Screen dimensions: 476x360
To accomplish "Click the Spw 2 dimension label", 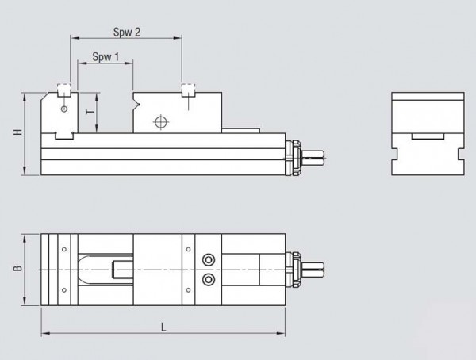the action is pyautogui.click(x=127, y=32).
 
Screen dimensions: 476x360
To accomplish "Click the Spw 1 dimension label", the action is pyautogui.click(x=106, y=57).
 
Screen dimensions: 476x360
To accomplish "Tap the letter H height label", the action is pyautogui.click(x=17, y=132).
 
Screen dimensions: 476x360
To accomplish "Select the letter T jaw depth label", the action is pyautogui.click(x=90, y=112).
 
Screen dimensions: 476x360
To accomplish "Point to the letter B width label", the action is pyautogui.click(x=17, y=268).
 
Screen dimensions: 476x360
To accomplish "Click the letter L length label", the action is pyautogui.click(x=163, y=327).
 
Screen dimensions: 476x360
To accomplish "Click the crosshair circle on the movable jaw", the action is pyautogui.click(x=162, y=122).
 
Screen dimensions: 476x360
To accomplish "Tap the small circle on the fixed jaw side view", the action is pyautogui.click(x=64, y=109).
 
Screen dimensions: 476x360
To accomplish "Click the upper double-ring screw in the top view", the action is pyautogui.click(x=209, y=260).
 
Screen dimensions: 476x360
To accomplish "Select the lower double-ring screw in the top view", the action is pyautogui.click(x=209, y=279).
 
